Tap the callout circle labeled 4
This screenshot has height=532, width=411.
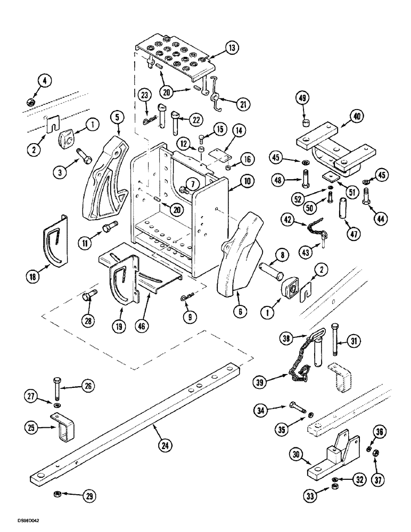click(x=45, y=81)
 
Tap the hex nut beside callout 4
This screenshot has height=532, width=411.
click(x=30, y=101)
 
